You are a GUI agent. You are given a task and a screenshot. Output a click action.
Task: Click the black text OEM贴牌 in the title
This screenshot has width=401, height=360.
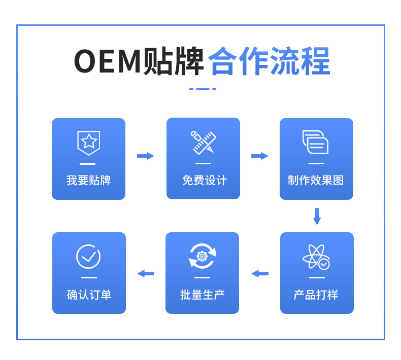139,61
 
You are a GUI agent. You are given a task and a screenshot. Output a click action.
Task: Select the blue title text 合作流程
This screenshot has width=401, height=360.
269,61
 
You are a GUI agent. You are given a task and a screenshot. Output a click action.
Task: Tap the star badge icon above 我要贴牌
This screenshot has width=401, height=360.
88,142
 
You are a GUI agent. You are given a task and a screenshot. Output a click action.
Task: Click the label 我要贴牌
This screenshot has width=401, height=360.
88,180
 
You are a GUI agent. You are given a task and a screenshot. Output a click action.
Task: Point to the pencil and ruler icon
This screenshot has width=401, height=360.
203,142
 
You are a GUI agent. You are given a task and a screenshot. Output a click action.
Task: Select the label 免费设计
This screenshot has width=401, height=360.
204,180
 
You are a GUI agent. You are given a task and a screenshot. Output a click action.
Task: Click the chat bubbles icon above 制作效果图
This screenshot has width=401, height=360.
315,142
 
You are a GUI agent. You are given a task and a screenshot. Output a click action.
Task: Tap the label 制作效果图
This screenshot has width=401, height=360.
316,180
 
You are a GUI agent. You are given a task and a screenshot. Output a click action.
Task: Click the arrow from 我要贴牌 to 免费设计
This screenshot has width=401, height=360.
145,156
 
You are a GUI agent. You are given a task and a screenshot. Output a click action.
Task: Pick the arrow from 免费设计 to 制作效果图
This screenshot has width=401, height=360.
259,156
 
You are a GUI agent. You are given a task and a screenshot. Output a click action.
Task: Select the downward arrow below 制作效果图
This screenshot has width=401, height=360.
317,216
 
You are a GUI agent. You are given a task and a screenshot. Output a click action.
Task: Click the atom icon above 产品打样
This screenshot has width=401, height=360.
316,257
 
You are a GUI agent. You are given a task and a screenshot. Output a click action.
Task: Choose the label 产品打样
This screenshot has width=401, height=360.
316,295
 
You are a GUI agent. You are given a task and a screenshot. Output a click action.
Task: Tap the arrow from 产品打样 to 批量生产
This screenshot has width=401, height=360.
260,273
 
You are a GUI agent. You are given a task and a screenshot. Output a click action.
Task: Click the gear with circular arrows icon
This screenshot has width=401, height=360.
202,256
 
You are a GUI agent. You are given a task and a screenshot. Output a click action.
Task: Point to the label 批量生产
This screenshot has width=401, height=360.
202,295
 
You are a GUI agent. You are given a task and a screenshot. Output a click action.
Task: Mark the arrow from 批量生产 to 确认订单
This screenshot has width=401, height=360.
146,273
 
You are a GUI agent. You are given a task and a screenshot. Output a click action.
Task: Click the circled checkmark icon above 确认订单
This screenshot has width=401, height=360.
88,257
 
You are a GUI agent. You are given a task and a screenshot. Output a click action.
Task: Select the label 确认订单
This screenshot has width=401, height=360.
89,295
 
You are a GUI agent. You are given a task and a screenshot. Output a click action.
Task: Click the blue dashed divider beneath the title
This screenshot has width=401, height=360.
203,89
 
